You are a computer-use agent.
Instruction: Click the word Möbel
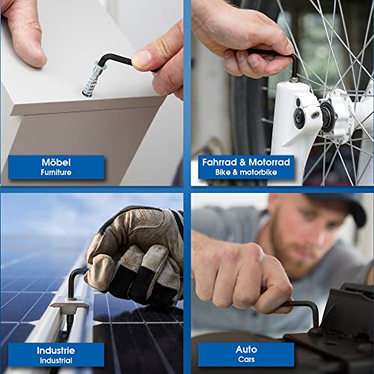click(x=56, y=162)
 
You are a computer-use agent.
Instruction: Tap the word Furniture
click(x=56, y=172)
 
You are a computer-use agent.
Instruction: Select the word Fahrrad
click(x=219, y=162)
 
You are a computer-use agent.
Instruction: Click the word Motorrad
click(x=269, y=162)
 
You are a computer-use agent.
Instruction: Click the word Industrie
click(x=56, y=351)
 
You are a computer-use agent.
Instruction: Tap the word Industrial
click(x=56, y=361)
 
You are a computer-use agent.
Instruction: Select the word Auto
click(x=246, y=349)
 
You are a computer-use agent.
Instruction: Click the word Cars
click(x=246, y=359)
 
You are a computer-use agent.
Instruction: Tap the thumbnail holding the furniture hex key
click(x=141, y=58)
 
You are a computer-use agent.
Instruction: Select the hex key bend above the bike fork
click(x=294, y=58)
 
